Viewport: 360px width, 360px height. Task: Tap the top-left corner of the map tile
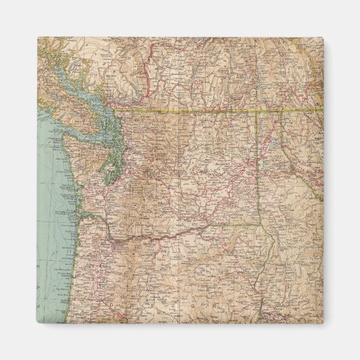click(38, 38)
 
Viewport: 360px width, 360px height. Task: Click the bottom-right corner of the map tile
click(323, 323)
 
